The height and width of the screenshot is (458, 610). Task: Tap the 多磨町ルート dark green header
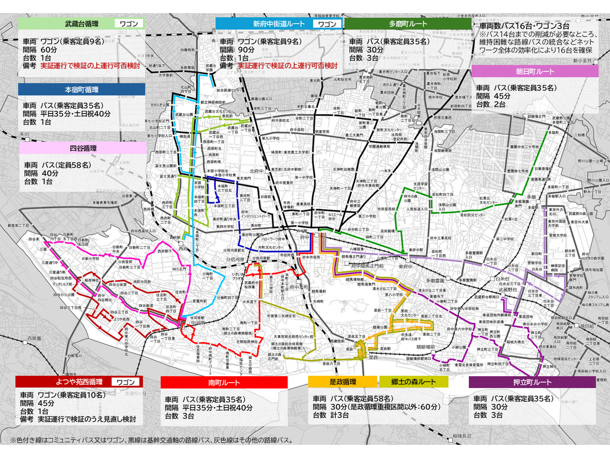coord(407,24)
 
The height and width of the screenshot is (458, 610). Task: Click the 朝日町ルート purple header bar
coord(535,71)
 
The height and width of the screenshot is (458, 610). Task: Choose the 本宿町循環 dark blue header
coord(82,89)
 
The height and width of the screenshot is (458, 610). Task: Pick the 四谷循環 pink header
coord(82,148)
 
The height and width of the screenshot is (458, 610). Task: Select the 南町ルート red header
coord(224,382)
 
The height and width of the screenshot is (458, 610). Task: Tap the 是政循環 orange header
coord(343,382)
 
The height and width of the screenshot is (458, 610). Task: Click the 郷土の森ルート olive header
coord(414,382)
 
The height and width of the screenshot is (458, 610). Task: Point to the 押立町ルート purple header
coord(532,382)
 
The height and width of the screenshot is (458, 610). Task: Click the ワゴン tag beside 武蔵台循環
coord(129,24)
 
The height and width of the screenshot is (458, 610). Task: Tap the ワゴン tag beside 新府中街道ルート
coord(325,24)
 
